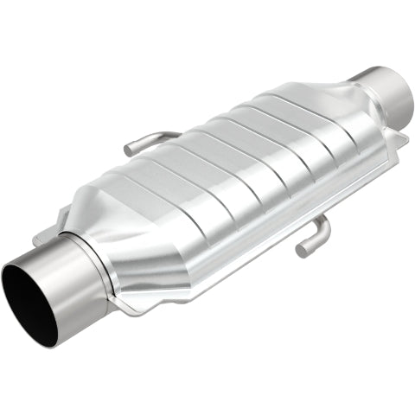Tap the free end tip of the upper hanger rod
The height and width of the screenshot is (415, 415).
point(129,150)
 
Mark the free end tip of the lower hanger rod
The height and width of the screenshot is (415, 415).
point(302,250)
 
